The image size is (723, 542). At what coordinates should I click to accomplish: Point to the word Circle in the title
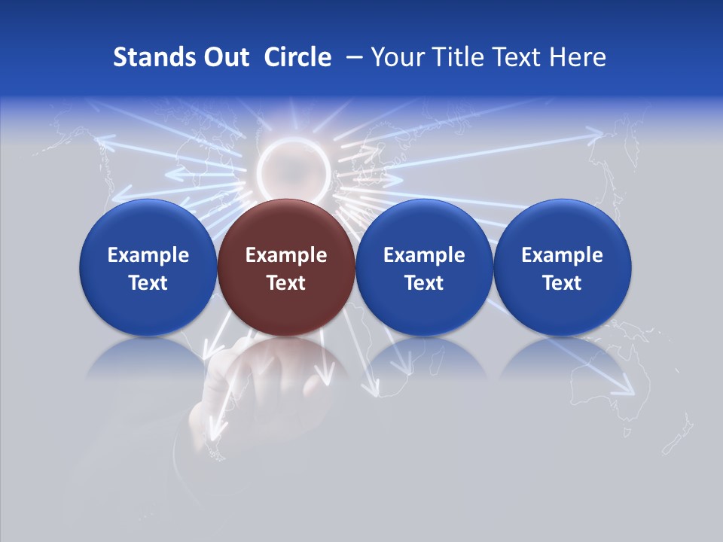point(297,57)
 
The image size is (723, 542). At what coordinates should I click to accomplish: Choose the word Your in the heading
point(398,57)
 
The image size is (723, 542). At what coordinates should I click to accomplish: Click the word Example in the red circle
point(286,255)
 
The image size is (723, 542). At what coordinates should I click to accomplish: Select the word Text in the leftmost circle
point(148,283)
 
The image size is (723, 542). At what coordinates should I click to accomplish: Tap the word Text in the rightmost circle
point(562,283)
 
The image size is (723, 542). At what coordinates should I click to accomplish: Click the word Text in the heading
point(519,57)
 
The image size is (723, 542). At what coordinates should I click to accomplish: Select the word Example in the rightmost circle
point(562,255)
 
